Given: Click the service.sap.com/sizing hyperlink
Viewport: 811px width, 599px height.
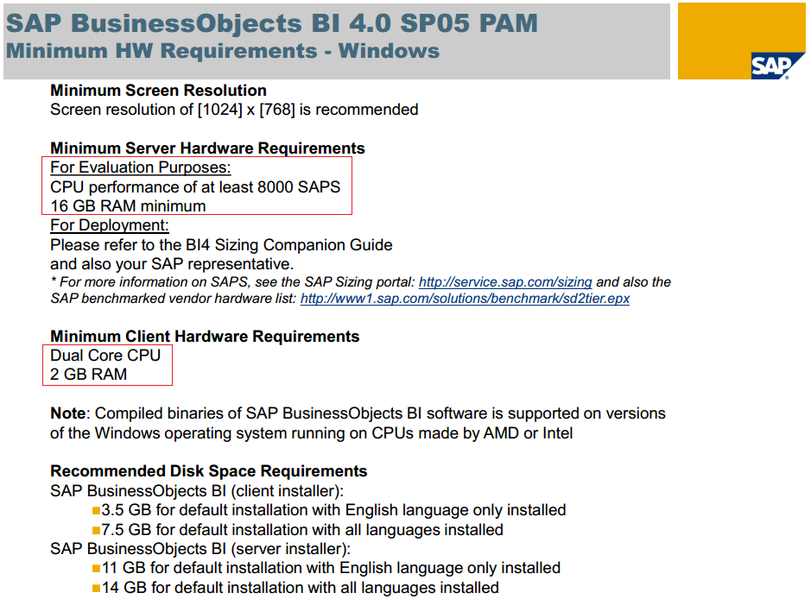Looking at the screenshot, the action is tap(504, 281).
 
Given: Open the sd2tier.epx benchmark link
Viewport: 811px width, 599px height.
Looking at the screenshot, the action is tap(465, 299).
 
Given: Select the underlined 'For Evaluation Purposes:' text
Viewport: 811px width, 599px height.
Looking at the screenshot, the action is tap(140, 167).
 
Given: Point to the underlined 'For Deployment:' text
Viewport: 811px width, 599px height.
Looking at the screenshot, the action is tap(109, 225).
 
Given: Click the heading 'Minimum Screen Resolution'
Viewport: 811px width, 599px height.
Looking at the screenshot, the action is tap(158, 91).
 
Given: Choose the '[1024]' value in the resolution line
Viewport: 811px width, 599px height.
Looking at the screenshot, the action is tap(220, 110).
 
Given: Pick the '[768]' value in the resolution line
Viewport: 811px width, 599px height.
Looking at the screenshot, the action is tap(276, 110).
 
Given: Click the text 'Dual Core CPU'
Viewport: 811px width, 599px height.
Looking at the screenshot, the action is tap(105, 355).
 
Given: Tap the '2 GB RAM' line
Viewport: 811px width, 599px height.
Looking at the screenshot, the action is tap(88, 375).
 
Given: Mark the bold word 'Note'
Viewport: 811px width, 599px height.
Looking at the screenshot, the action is tap(67, 413).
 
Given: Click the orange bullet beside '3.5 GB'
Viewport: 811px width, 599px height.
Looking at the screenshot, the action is tap(96, 511).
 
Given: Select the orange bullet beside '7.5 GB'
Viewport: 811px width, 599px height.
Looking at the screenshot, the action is tap(96, 530).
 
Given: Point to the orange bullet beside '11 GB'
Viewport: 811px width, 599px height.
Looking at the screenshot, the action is tap(96, 569).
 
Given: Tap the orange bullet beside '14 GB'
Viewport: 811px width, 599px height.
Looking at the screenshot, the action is tap(96, 588).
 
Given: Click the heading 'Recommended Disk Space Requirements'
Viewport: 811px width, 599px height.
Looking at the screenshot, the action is tap(208, 471).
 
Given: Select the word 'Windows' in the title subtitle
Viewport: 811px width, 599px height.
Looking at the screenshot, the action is tap(389, 51).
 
